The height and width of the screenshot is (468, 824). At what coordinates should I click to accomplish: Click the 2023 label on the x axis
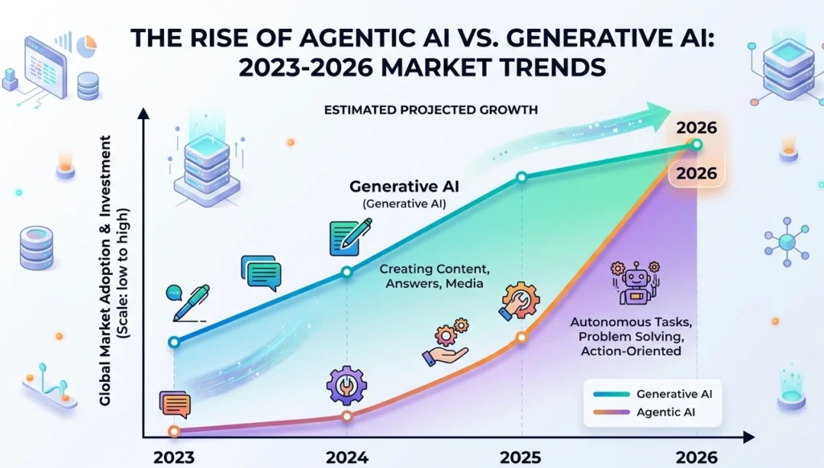click(174, 457)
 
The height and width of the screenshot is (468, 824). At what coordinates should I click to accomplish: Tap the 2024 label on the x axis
click(347, 457)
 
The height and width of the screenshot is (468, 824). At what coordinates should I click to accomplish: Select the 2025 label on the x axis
click(521, 457)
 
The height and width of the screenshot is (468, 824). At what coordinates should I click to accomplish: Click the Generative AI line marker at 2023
click(174, 342)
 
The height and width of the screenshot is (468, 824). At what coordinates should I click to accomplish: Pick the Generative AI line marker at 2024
click(348, 272)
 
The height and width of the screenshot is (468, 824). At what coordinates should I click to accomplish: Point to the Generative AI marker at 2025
click(521, 177)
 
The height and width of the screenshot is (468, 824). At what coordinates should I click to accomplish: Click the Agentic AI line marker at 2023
click(174, 432)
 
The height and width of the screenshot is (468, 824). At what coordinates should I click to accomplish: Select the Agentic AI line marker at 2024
click(347, 417)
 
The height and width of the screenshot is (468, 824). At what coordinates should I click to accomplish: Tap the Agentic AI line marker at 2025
click(521, 338)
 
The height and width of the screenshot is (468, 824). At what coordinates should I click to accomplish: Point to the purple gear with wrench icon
click(346, 384)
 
